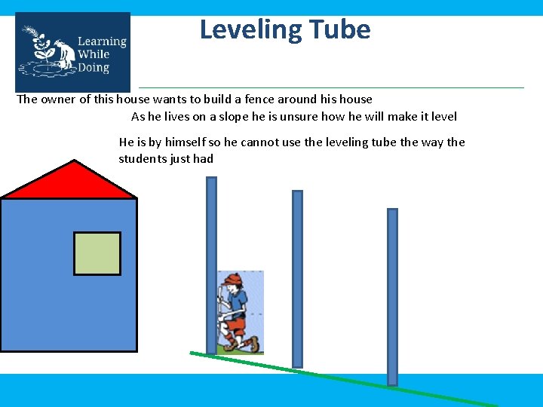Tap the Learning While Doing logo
tap(72, 52)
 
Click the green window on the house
tap(97, 253)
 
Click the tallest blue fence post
tap(211, 264)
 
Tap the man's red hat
tap(232, 281)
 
